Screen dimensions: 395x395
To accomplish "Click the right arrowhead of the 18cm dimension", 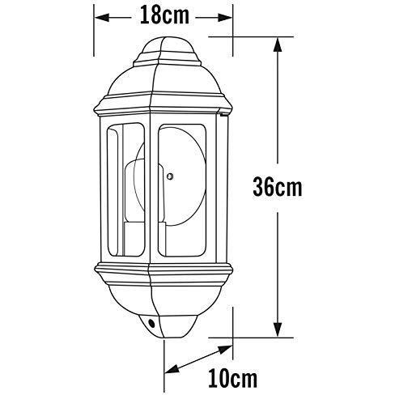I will pos(227,15).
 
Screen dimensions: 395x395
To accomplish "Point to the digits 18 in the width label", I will pos(151,15).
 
